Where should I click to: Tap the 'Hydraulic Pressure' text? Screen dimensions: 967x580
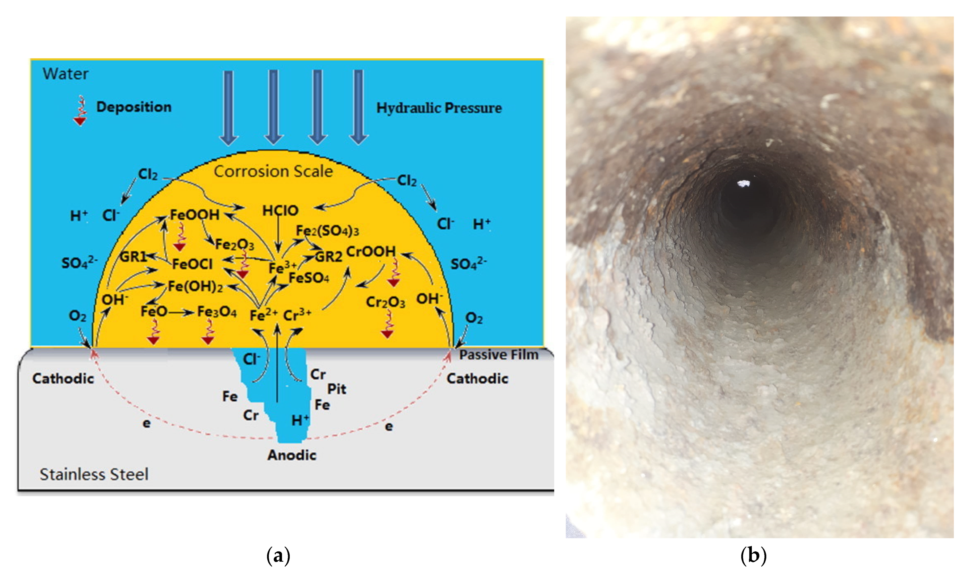(439, 108)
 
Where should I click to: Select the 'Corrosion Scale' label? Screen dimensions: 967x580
(273, 171)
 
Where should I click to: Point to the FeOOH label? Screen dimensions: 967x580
(194, 215)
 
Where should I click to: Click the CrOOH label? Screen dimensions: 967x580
(370, 252)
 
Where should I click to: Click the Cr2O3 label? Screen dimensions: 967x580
(385, 302)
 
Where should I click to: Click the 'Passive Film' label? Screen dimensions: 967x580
(498, 354)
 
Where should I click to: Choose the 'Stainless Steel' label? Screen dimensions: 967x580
(94, 474)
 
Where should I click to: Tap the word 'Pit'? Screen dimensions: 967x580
(336, 389)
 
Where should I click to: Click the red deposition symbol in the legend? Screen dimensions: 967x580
(80, 111)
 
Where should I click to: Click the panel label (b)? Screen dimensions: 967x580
(753, 555)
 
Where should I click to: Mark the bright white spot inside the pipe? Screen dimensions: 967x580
(743, 183)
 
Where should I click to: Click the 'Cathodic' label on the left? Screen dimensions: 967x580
(63, 378)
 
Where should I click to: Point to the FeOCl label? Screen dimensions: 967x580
(192, 264)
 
